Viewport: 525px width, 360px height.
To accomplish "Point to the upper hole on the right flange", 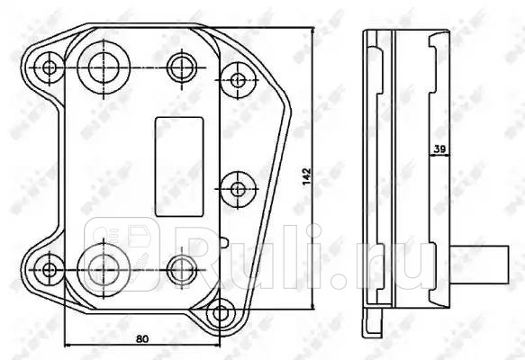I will (x=238, y=79).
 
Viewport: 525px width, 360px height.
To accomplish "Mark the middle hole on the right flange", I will (x=238, y=189).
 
